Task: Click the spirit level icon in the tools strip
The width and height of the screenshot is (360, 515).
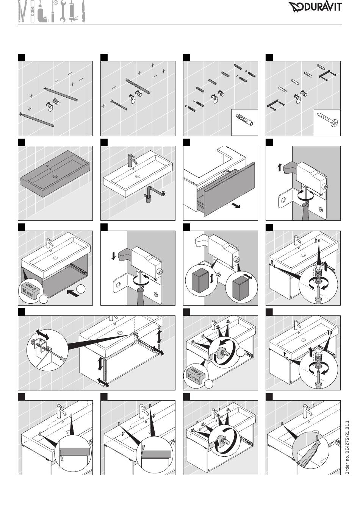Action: [x=33, y=11]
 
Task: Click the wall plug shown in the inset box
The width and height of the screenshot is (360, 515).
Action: [x=244, y=120]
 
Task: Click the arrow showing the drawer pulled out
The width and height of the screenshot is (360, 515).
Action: [x=236, y=206]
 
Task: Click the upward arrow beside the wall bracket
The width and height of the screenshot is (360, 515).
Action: [x=279, y=167]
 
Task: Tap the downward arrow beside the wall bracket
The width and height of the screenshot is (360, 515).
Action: [x=113, y=256]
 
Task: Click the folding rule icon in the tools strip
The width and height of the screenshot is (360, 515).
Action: [x=22, y=11]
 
